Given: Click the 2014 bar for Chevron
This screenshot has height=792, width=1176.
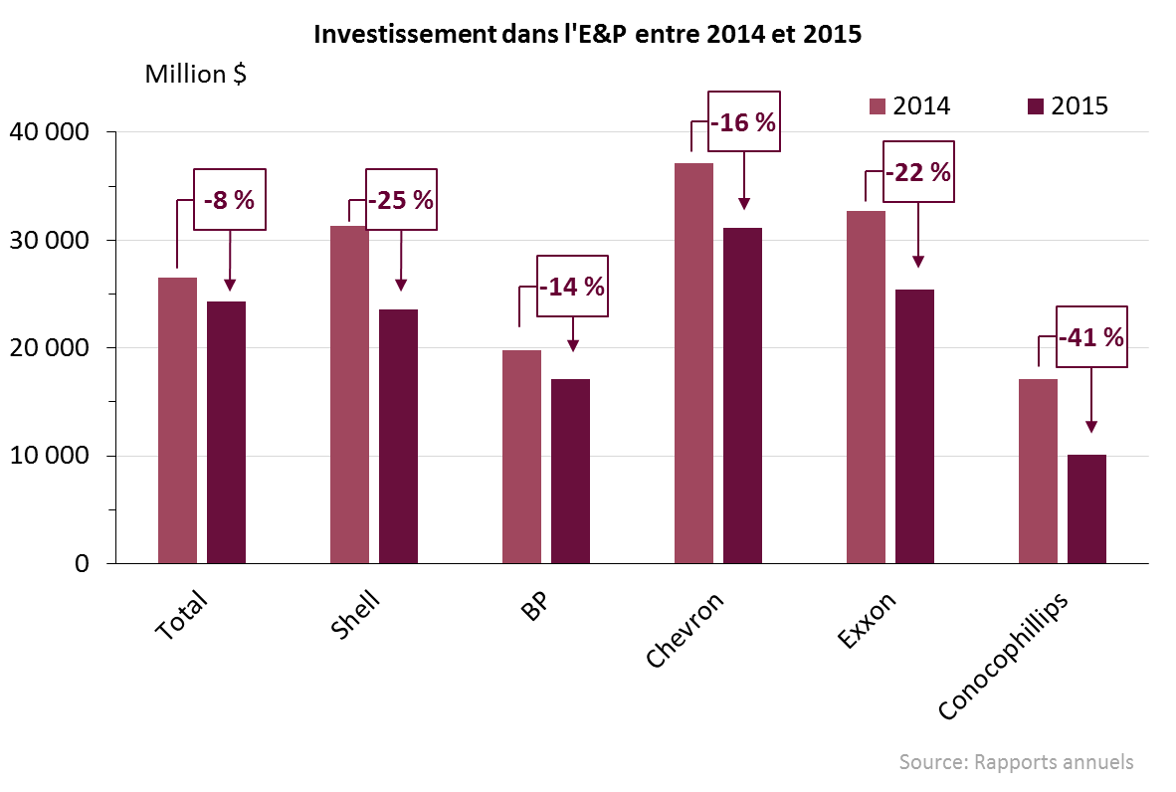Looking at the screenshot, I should (x=693, y=363).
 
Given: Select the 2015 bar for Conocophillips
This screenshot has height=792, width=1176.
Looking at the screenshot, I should (x=1086, y=508).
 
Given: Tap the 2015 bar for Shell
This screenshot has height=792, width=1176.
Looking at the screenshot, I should (x=399, y=436).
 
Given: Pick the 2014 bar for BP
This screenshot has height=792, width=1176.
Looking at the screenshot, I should (x=521, y=457).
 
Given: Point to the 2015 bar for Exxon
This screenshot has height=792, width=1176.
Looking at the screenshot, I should (x=914, y=426).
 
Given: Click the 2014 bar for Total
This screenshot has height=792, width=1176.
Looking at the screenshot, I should (x=177, y=420).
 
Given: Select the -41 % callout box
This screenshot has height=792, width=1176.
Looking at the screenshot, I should (x=1090, y=337).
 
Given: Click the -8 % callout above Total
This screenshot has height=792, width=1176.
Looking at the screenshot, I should (x=230, y=199).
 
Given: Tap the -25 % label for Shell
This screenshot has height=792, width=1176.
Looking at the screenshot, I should (x=401, y=199).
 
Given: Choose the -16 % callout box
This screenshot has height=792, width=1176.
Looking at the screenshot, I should (x=743, y=121).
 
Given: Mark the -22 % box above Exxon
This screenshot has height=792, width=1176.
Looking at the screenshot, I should (x=917, y=172).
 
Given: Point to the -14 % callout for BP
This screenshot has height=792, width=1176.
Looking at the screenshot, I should (x=572, y=287).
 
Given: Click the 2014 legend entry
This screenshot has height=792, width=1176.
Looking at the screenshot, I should (x=909, y=105).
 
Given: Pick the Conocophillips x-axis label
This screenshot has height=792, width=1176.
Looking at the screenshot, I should (x=1004, y=656).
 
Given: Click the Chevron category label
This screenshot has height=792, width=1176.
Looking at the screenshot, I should (x=686, y=631).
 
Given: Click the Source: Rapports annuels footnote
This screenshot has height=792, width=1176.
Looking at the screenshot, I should (x=1016, y=762).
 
